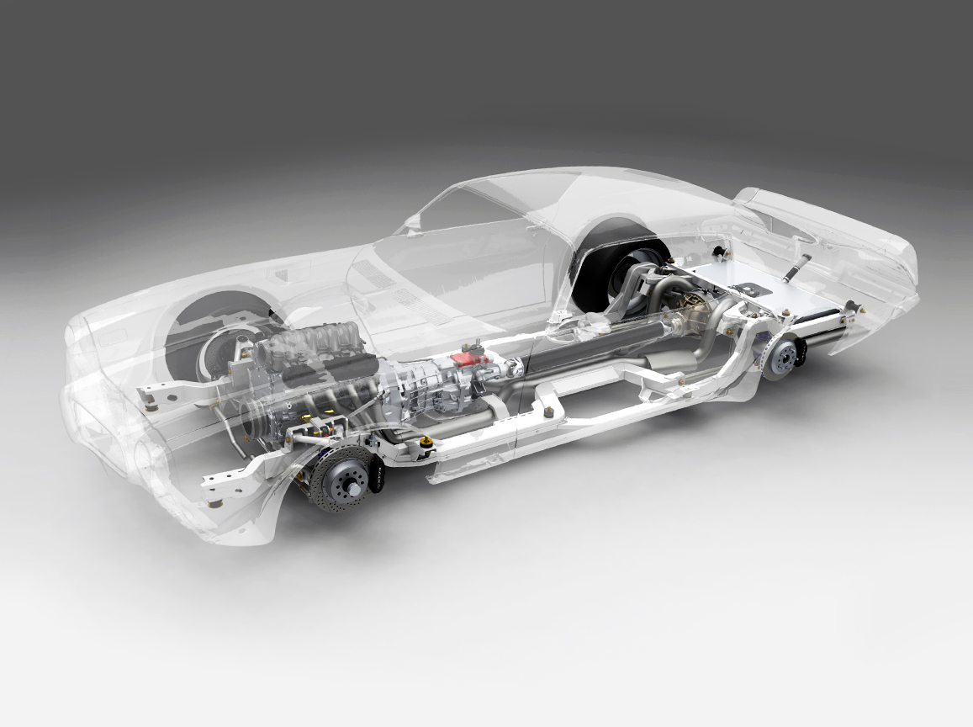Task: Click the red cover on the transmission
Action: (x=465, y=358)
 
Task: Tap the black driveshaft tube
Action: (x=589, y=340)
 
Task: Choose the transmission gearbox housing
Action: (x=420, y=379)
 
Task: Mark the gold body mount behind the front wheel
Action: (x=426, y=443)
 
